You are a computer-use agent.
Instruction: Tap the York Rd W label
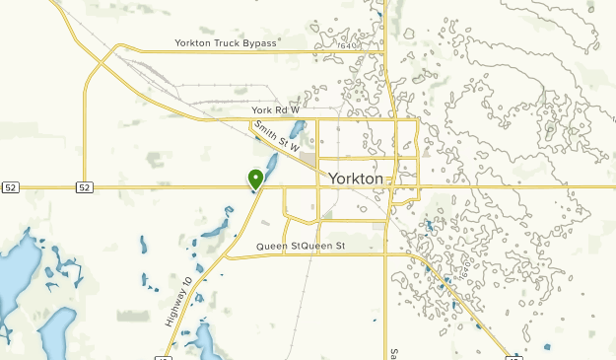click(x=275, y=109)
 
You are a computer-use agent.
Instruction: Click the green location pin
click(x=255, y=179)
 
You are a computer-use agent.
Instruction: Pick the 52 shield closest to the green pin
click(x=84, y=186)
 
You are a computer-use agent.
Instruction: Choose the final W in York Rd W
click(x=294, y=109)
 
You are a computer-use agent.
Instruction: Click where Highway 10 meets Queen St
click(x=229, y=256)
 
